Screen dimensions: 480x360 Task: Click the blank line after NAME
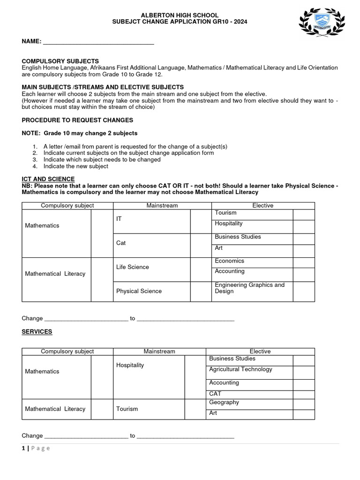click(98, 42)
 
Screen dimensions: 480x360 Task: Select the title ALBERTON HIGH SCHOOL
click(180, 15)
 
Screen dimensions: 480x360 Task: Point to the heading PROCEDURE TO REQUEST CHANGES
click(77, 120)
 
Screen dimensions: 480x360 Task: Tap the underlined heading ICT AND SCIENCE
click(48, 179)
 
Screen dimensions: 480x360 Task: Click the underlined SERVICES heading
click(37, 332)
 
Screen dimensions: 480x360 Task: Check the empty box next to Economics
click(304, 262)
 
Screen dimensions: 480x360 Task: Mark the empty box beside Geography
click(304, 403)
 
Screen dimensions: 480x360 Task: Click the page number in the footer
click(23, 448)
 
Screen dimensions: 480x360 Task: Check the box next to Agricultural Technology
click(304, 372)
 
